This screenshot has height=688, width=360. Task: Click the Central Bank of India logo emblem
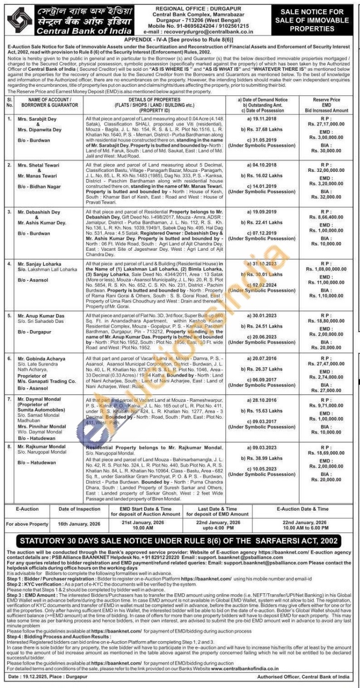pos(19,20)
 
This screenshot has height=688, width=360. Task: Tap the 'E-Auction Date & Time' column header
pos(302,509)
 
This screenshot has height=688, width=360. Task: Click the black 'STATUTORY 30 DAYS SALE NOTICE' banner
pos(179,541)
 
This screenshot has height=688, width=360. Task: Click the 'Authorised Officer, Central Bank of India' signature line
pos(303,677)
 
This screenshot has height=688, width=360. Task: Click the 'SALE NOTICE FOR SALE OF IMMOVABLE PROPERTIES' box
pos(312,20)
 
